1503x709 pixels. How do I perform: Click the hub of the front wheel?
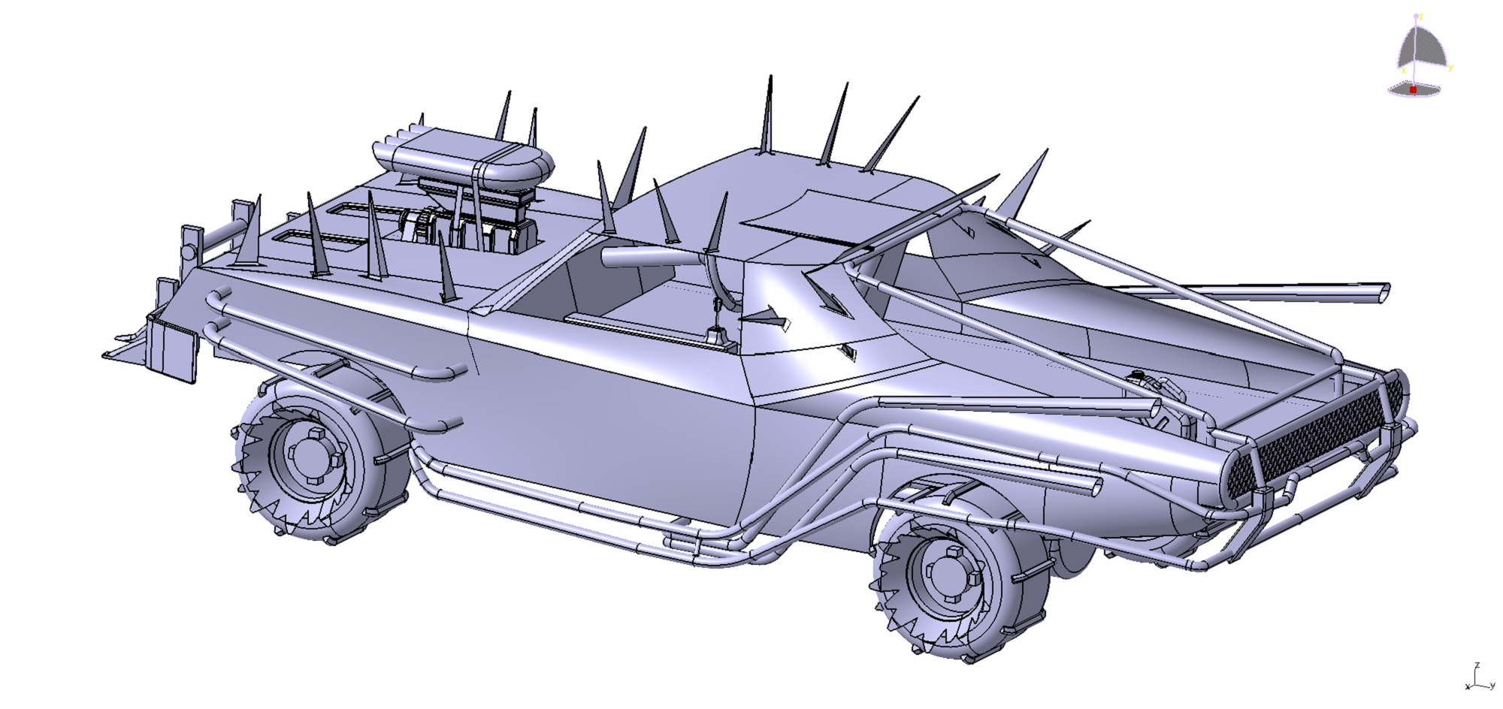[x=949, y=581]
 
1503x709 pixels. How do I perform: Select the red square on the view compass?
[x=1413, y=89]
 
